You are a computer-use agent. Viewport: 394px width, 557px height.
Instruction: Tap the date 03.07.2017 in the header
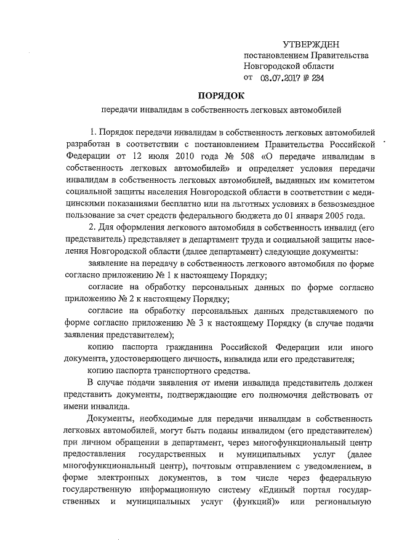pyautogui.click(x=281, y=78)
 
